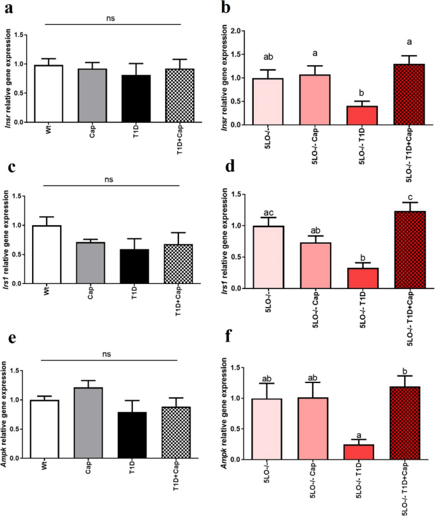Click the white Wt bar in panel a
pos(53,93)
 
